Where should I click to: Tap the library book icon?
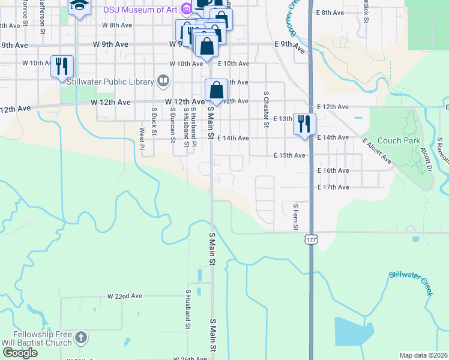[163, 80]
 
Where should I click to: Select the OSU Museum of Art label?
[141, 10]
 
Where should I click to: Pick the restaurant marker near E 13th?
[304, 124]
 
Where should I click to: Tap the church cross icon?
[81, 339]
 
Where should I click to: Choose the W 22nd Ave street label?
[125, 296]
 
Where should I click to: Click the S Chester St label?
[265, 109]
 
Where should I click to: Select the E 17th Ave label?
[333, 187]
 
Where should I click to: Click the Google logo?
[20, 353]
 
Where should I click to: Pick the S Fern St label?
[296, 216]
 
